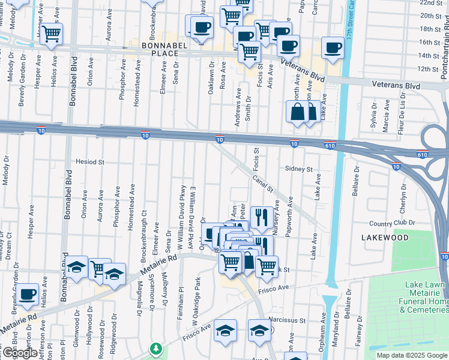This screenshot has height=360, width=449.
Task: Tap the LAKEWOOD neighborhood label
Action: click(385, 238)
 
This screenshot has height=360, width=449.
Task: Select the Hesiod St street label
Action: click(90, 162)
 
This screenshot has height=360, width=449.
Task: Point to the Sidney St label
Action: click(299, 169)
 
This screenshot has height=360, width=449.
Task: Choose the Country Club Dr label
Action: click(393, 223)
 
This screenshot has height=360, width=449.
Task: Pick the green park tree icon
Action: click(156, 349)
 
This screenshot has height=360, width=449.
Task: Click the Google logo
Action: click(20, 353)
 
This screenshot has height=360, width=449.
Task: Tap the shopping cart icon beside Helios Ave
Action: click(52, 34)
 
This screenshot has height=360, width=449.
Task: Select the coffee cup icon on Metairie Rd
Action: click(28, 294)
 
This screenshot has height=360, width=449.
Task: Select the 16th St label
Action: click(429, 42)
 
